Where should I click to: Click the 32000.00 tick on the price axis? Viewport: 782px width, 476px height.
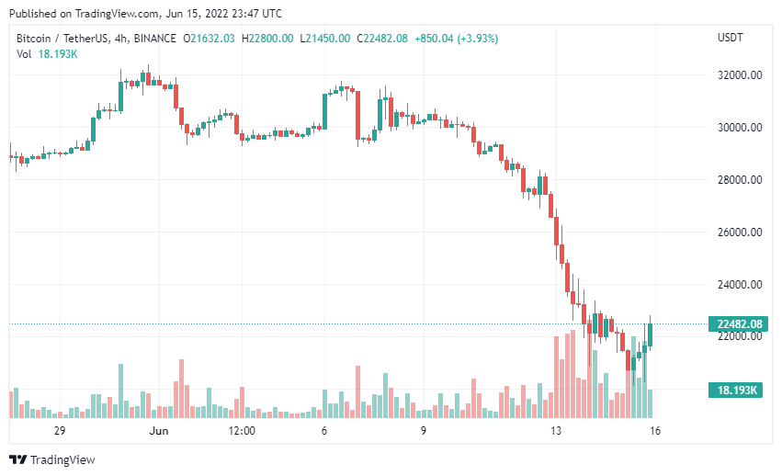point(742,75)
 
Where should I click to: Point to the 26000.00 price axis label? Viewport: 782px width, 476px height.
point(742,232)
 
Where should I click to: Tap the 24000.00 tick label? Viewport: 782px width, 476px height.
point(742,285)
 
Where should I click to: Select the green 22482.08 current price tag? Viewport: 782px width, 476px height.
point(737,323)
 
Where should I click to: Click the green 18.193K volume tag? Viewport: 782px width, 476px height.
point(736,391)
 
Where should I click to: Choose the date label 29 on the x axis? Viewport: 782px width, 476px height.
point(60,430)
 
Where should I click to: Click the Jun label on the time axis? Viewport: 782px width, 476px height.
point(159,430)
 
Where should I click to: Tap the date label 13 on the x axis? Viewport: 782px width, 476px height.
point(556,430)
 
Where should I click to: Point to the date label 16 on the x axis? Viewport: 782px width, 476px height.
point(655,430)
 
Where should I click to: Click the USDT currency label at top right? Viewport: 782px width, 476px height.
point(730,38)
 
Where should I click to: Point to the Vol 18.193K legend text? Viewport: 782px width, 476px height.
point(47,54)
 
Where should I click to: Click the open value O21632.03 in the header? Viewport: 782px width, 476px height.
point(210,38)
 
